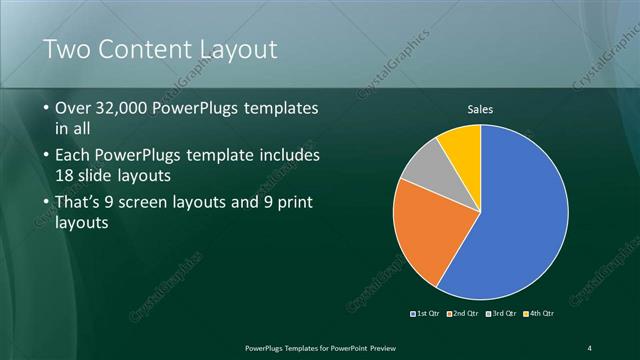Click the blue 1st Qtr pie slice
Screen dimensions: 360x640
[520, 220]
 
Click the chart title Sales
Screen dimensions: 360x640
[481, 110]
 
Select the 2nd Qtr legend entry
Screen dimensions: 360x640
[462, 314]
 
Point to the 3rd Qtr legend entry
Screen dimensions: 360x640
[500, 314]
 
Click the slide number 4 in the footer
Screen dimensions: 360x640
[590, 347]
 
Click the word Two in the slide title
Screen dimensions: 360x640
[67, 49]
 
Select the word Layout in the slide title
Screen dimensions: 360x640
[241, 49]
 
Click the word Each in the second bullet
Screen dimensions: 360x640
[74, 156]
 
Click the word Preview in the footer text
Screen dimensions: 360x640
[392, 347]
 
